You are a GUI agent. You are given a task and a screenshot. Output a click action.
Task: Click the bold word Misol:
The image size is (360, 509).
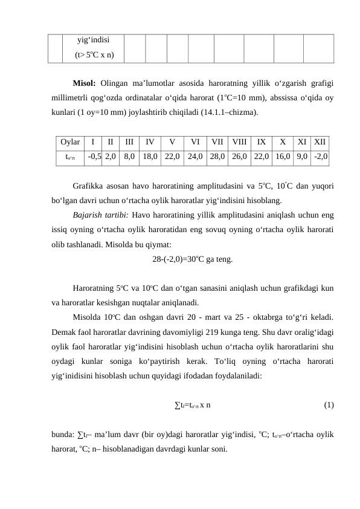(x=85, y=83)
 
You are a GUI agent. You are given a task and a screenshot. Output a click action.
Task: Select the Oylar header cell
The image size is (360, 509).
(x=70, y=143)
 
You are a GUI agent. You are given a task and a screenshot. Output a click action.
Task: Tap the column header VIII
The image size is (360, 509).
(x=239, y=143)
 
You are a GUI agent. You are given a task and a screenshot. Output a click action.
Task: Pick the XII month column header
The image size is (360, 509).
(x=320, y=143)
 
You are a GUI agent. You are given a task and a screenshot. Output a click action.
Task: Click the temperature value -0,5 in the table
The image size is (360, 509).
(x=94, y=156)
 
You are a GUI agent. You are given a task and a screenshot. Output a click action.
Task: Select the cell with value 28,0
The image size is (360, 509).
(x=217, y=156)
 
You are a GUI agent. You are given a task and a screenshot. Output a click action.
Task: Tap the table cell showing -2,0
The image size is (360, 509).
(x=321, y=156)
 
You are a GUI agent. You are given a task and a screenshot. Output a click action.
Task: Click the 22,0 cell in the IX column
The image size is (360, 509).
(x=261, y=156)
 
